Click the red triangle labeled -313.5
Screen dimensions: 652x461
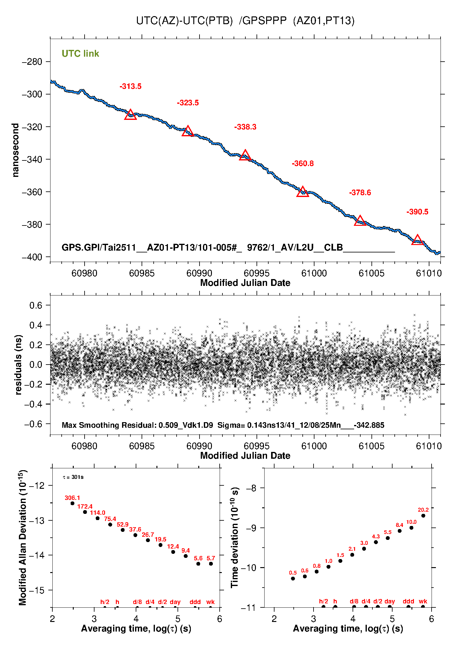tap(130, 115)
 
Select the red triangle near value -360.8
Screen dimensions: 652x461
tap(303, 192)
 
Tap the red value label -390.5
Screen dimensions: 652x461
tap(417, 212)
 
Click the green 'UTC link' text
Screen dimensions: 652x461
tap(80, 54)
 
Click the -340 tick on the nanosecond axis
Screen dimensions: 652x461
tap(32, 160)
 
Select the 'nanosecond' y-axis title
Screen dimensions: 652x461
tap(15, 150)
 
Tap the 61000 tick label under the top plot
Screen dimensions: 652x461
tap(314, 273)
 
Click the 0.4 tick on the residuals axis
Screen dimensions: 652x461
tap(36, 325)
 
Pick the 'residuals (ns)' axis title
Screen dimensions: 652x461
tap(19, 365)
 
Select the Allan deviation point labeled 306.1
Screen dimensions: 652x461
tap(72, 503)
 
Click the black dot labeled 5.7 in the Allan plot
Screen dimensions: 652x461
tap(211, 564)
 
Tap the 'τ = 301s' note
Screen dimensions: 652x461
tap(73, 477)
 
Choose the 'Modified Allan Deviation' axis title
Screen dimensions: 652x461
tap(23, 537)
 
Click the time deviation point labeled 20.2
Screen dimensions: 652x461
tap(423, 516)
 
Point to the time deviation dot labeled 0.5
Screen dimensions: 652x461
tap(293, 579)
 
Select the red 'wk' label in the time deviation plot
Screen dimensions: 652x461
tap(423, 601)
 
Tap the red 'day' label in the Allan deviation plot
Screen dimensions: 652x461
tap(175, 602)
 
